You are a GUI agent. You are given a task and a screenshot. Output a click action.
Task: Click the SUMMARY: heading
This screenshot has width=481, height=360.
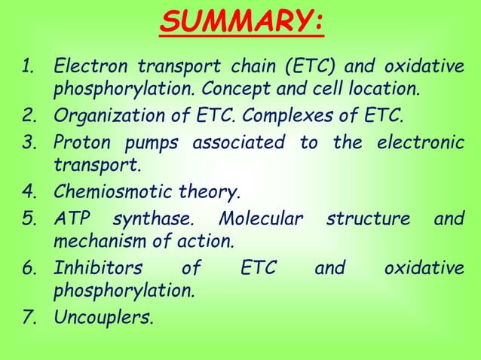pyautogui.click(x=241, y=23)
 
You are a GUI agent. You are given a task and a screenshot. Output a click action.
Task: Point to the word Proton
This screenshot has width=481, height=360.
pyautogui.click(x=80, y=142)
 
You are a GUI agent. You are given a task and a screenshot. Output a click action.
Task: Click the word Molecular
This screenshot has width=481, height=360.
pyautogui.click(x=260, y=218)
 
